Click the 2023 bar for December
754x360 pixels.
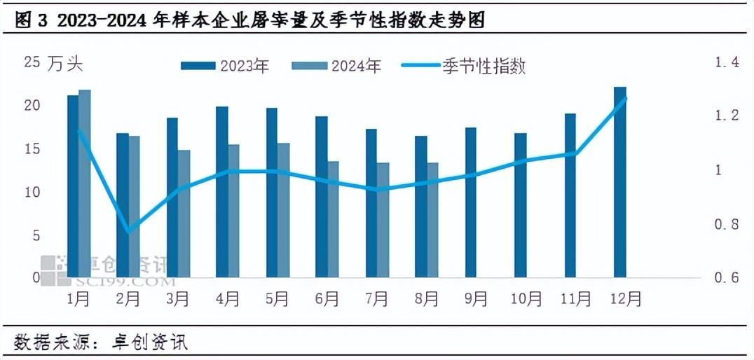[619, 182]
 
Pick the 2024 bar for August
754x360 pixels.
[433, 220]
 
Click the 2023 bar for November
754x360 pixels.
[570, 195]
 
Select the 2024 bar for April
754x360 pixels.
[233, 211]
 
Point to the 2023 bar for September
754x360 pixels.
[470, 202]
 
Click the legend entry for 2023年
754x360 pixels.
[225, 67]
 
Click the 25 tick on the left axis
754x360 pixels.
[32, 63]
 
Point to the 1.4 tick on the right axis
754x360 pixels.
[726, 63]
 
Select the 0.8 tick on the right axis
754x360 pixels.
[726, 225]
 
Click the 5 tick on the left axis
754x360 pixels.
[35, 235]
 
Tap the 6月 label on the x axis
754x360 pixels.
[327, 298]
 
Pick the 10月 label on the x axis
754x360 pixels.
[528, 298]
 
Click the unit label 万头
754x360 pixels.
[66, 64]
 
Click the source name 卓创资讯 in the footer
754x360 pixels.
[150, 342]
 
